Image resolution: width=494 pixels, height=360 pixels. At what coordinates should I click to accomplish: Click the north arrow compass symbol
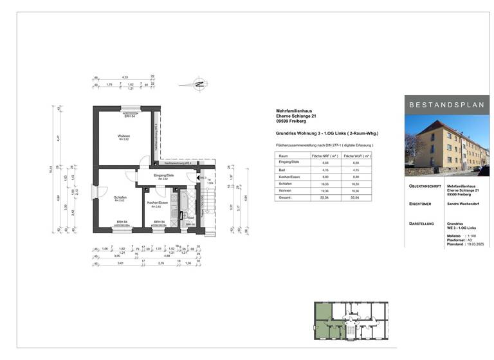pos(200,84)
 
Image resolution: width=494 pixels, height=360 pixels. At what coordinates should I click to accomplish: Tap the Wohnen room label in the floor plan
pos(123,136)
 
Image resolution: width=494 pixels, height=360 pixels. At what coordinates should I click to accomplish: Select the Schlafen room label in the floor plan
pos(120,197)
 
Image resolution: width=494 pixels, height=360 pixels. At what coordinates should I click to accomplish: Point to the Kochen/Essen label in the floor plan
pos(157,203)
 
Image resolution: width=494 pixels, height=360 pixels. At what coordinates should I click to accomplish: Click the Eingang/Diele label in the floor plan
pos(164,175)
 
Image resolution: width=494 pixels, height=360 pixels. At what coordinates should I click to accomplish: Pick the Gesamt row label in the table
pos(284,197)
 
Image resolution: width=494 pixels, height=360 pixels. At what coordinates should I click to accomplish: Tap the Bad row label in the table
pos(282,170)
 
